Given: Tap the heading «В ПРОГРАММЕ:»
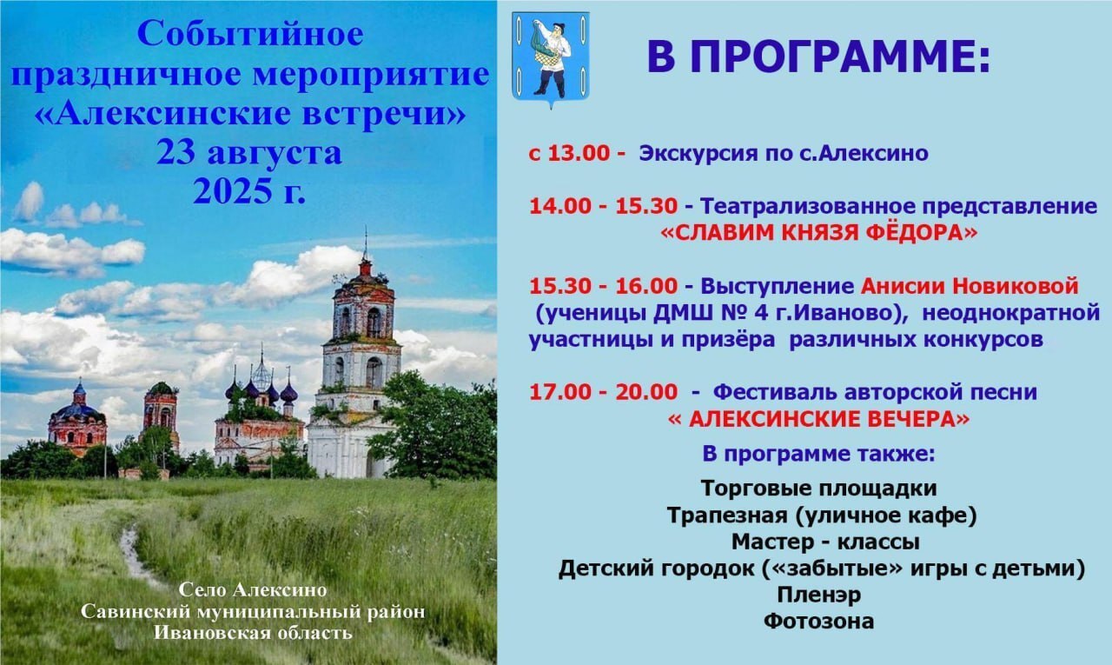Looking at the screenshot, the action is [x=819, y=57].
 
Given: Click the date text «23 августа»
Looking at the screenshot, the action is [x=249, y=153].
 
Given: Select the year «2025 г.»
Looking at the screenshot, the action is [x=249, y=192].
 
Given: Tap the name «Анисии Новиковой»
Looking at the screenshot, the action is [x=970, y=286].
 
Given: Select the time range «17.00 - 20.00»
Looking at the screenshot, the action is [x=603, y=392].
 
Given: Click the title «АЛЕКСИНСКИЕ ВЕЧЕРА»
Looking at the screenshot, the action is [x=819, y=420].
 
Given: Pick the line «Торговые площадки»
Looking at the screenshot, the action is [x=819, y=489].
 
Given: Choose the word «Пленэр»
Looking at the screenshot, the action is [x=819, y=595].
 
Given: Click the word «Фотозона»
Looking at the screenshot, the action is [x=819, y=622].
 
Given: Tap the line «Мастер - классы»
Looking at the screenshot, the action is [x=825, y=542].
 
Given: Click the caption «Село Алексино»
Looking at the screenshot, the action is [x=253, y=590].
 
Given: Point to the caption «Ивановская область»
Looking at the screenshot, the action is [x=253, y=633].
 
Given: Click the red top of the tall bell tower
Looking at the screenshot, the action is [x=366, y=267].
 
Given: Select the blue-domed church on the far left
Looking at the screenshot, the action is [x=77, y=419].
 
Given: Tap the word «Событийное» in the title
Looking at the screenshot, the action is [x=250, y=34].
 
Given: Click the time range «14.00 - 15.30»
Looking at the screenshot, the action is [x=603, y=206].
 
